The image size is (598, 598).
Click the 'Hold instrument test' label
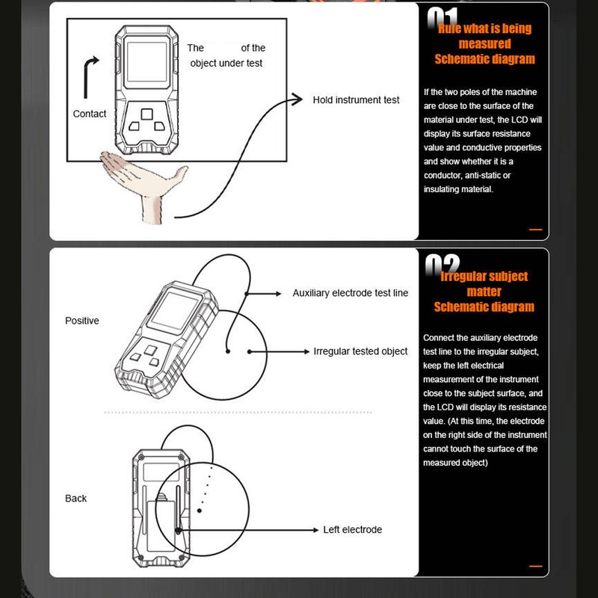[x=356, y=99]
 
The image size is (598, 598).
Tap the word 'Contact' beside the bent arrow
[x=90, y=114]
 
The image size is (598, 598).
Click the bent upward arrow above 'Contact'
[x=89, y=75]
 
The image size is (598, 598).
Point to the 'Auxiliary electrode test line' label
[x=350, y=293]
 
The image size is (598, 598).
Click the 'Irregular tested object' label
[x=360, y=351]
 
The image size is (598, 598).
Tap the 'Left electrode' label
[x=352, y=529]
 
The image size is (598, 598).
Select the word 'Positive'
[x=82, y=321]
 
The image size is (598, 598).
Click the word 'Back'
[x=75, y=498]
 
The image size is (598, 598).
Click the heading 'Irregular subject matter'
[x=484, y=284]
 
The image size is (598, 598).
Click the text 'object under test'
[x=226, y=64]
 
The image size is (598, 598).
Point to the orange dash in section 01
[x=535, y=229]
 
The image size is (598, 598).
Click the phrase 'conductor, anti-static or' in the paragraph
[x=467, y=176]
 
